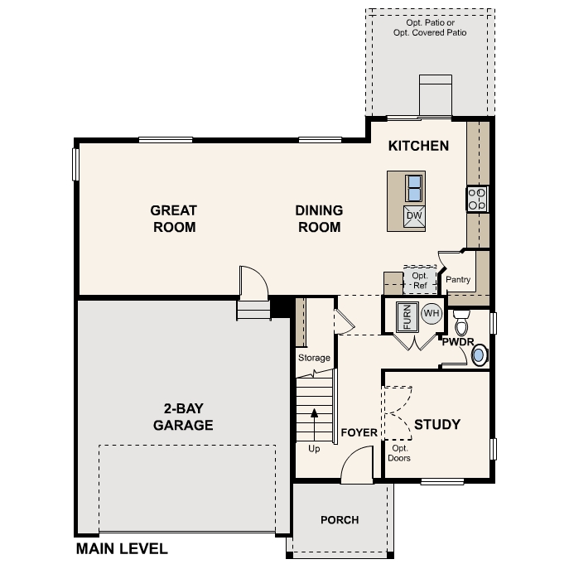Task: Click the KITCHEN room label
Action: [x=418, y=147]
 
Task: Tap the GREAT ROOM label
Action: [x=174, y=219]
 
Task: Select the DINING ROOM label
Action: [x=319, y=219]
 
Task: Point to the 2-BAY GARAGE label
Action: [x=183, y=417]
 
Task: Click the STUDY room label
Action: [x=436, y=425]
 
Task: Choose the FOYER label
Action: [x=359, y=433]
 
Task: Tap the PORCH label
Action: [x=340, y=520]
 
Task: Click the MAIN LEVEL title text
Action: [x=122, y=548]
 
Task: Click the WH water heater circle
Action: [x=431, y=314]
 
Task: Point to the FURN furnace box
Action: [x=407, y=316]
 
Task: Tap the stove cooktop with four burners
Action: [x=477, y=199]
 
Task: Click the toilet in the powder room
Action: [x=462, y=321]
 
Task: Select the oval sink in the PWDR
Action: [x=479, y=355]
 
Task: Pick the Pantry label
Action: [x=458, y=280]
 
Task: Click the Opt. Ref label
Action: [x=419, y=280]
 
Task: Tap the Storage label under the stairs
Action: [x=314, y=358]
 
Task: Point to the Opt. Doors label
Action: [x=399, y=453]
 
